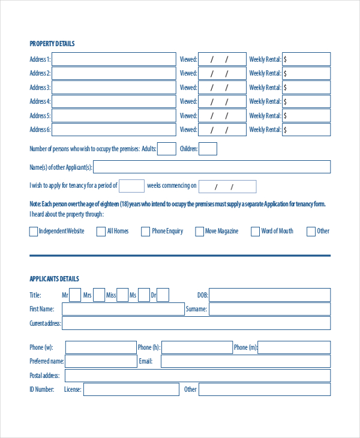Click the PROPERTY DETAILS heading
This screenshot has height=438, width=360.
(x=52, y=44)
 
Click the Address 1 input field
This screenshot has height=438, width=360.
(x=114, y=59)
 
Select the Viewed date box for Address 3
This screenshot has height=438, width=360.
(x=221, y=88)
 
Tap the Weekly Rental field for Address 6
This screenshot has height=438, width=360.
(x=306, y=130)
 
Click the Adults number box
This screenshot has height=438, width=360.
(x=167, y=149)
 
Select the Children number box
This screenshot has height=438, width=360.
(x=208, y=149)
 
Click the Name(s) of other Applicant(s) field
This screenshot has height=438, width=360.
(x=212, y=167)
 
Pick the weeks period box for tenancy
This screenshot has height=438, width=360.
(x=132, y=186)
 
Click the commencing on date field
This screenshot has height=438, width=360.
(x=227, y=187)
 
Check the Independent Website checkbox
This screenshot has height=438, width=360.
(x=33, y=232)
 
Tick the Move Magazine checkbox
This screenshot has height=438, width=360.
(x=199, y=232)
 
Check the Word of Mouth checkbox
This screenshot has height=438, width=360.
(x=255, y=232)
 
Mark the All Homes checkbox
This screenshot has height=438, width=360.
(x=101, y=232)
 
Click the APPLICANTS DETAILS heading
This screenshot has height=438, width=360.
(x=55, y=279)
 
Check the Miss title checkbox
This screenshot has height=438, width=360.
(x=122, y=295)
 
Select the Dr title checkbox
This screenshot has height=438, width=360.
(x=163, y=295)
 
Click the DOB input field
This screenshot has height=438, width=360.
(x=269, y=295)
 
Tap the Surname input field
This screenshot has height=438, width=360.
(x=269, y=309)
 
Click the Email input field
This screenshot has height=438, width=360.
(x=245, y=361)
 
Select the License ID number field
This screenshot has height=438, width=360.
(x=131, y=389)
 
